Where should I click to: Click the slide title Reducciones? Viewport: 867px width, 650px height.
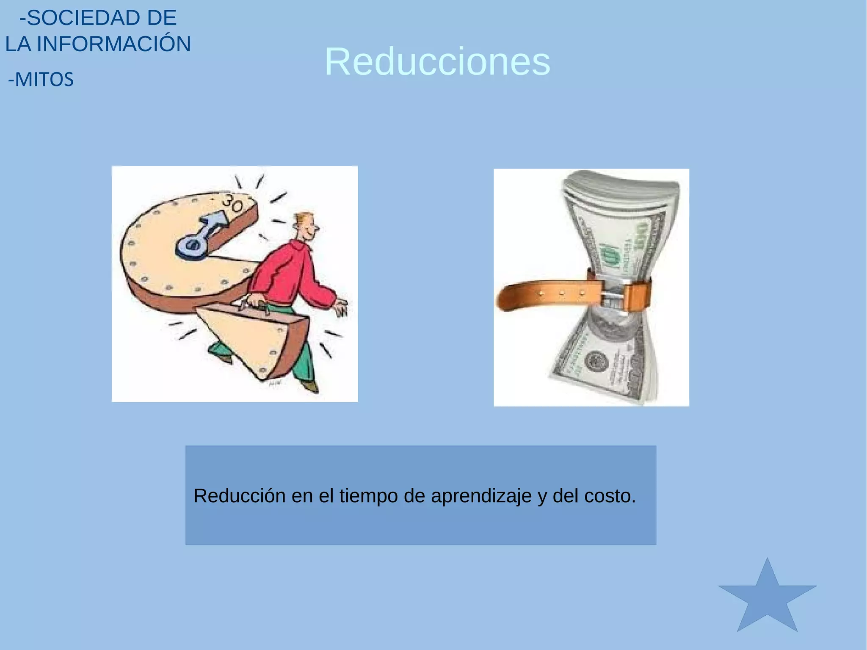pos(437,62)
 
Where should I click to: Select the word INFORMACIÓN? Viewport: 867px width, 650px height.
pos(114,44)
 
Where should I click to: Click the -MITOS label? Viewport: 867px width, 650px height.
pos(41,80)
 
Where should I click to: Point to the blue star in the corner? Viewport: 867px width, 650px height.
pos(767,600)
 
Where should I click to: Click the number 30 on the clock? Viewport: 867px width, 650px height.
pos(233,203)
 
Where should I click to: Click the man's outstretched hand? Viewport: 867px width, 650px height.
pos(341,307)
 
